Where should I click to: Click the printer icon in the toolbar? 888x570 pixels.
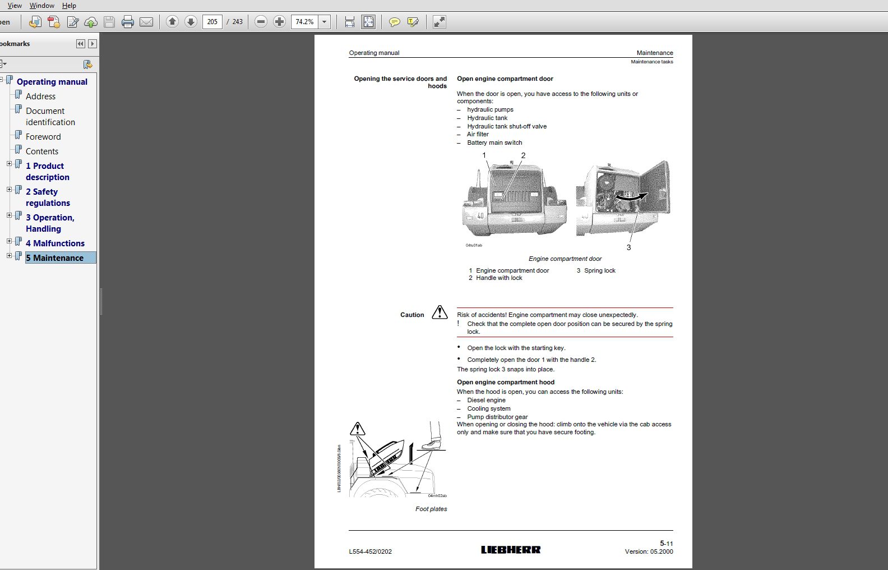pyautogui.click(x=128, y=22)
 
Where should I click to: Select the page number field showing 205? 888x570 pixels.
pyautogui.click(x=212, y=22)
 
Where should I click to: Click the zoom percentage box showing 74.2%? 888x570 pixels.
pyautogui.click(x=304, y=22)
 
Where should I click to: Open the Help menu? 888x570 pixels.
pyautogui.click(x=69, y=6)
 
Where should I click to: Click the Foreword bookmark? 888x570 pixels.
pyautogui.click(x=43, y=137)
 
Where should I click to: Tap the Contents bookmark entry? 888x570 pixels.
pyautogui.click(x=42, y=151)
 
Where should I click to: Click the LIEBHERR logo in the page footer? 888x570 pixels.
pyautogui.click(x=511, y=550)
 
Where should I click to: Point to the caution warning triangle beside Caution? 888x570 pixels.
pyautogui.click(x=440, y=312)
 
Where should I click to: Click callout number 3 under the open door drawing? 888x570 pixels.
pyautogui.click(x=628, y=247)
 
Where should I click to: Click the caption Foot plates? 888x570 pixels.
pyautogui.click(x=431, y=509)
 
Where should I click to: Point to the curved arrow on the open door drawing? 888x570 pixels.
pyautogui.click(x=631, y=197)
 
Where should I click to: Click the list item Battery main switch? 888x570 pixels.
pyautogui.click(x=494, y=143)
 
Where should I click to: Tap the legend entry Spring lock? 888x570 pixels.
pyautogui.click(x=599, y=271)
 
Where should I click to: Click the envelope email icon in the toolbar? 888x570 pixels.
pyautogui.click(x=146, y=22)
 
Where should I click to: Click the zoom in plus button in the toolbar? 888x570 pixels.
pyautogui.click(x=279, y=22)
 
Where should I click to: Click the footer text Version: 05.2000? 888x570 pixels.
pyautogui.click(x=649, y=552)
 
